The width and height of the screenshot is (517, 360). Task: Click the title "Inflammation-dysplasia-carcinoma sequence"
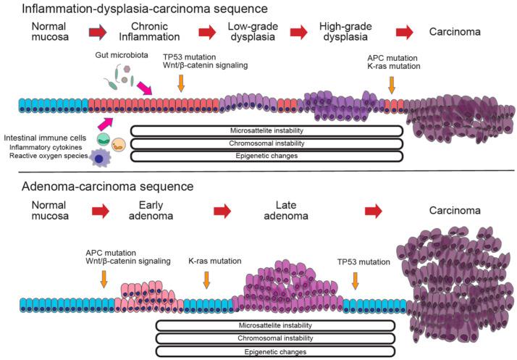click(135, 9)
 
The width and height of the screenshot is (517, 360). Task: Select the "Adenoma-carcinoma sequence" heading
click(98, 186)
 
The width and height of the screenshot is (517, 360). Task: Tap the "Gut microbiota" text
click(120, 56)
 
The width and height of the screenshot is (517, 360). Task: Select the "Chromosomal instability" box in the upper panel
click(266, 143)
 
